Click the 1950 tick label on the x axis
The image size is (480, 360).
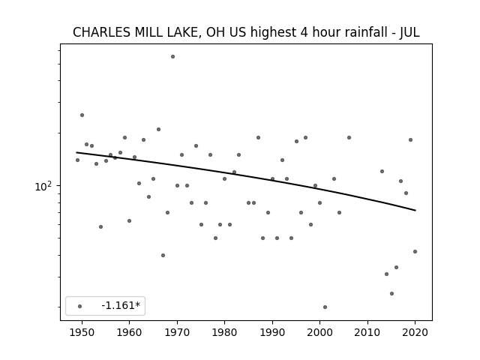coord(82,332)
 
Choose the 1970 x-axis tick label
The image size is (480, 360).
coord(177,332)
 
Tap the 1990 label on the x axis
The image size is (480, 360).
coord(272,332)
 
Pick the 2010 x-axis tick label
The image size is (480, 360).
coord(367,332)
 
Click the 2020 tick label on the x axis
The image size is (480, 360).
coord(415,332)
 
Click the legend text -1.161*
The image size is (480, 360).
coord(121,305)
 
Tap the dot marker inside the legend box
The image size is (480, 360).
coord(80,306)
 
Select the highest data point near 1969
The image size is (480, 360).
coord(172,57)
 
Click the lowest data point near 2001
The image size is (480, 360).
coord(325,307)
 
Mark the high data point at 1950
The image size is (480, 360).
coord(82,115)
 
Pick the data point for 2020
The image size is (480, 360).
coord(415,252)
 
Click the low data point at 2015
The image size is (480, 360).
coord(391,293)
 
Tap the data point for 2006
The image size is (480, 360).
coord(349,138)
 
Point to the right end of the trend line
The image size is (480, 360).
coord(415,210)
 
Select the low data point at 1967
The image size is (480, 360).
coord(163,255)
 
